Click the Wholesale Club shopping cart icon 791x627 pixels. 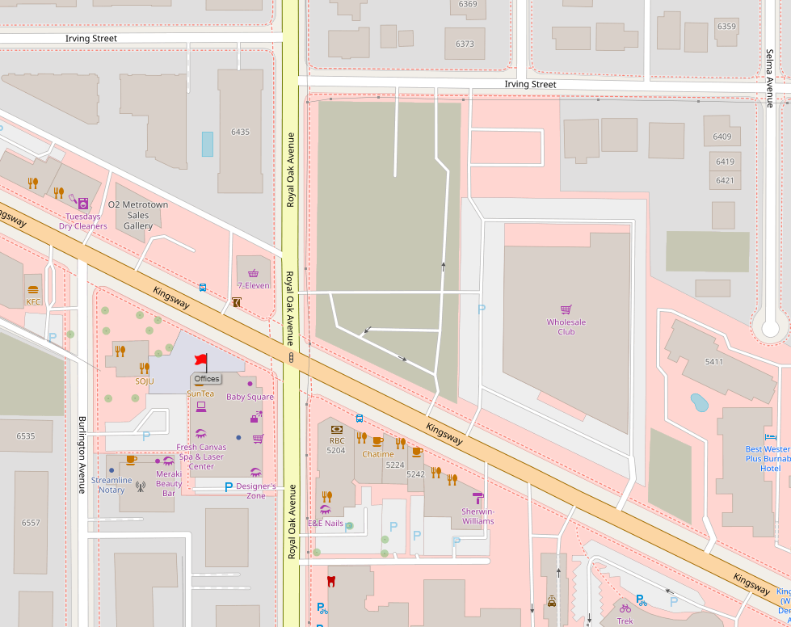566,309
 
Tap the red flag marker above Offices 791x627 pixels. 200,360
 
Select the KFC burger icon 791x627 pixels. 33,289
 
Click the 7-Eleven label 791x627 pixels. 253,285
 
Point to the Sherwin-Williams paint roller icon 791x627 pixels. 478,498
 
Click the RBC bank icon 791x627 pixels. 337,429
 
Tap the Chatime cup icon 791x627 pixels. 377,441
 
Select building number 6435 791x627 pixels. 240,132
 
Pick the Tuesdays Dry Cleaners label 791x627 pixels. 82,221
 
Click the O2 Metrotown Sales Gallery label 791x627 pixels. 138,215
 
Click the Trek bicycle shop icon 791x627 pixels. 625,608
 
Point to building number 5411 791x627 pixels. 713,361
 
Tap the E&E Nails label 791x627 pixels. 326,523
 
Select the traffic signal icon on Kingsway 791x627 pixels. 290,357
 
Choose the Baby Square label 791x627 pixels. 250,397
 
